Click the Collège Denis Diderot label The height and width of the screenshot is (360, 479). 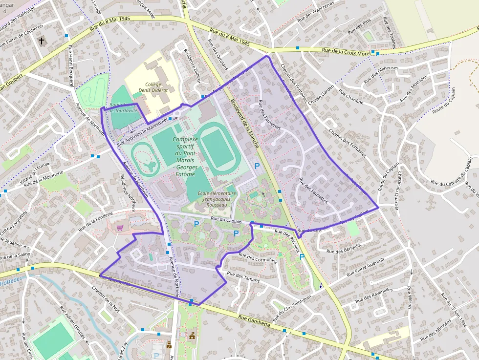click(x=153, y=87)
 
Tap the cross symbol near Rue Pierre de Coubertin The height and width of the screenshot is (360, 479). click(x=42, y=41)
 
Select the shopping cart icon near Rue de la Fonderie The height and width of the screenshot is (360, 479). click(x=120, y=228)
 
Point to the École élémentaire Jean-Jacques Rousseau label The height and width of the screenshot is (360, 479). click(x=217, y=199)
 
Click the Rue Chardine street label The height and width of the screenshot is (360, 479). click(x=351, y=97)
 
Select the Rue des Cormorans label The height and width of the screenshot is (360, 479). click(x=258, y=257)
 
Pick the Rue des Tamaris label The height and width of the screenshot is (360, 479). click(x=244, y=278)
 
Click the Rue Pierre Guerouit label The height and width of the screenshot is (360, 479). click(x=366, y=267)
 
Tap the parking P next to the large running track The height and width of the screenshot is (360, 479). click(x=257, y=167)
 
